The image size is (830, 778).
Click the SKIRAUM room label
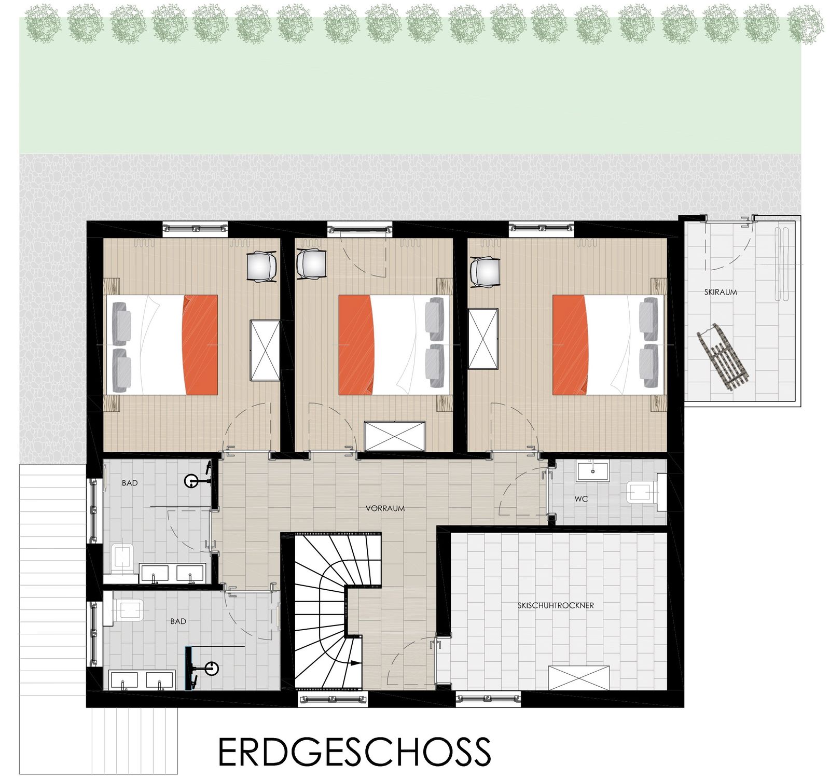(720, 292)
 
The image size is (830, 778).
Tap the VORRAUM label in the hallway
(385, 508)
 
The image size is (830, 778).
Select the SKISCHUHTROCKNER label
(556, 605)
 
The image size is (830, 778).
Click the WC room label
(581, 499)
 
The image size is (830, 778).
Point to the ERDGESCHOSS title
(354, 752)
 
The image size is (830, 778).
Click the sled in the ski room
(723, 355)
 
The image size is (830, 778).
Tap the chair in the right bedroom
(485, 272)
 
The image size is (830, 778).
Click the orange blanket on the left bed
(200, 345)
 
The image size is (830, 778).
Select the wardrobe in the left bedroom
(265, 351)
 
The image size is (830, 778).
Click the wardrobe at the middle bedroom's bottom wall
(394, 436)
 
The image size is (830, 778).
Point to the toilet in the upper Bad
(122, 559)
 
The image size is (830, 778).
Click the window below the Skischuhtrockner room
(488, 699)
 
